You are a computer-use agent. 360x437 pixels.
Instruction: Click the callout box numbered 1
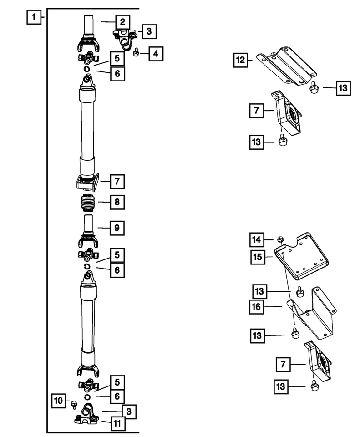point(32,19)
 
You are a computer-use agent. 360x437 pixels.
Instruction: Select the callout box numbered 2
point(122,21)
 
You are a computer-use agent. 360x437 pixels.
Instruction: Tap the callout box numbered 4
point(156,54)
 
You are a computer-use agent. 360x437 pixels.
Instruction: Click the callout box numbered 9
point(117,227)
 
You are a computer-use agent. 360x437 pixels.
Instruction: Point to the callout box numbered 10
point(59,401)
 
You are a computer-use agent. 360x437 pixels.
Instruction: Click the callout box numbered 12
point(241,60)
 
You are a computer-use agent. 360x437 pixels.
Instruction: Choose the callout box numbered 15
point(257,257)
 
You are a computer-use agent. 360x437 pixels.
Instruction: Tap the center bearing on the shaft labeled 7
point(87,183)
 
